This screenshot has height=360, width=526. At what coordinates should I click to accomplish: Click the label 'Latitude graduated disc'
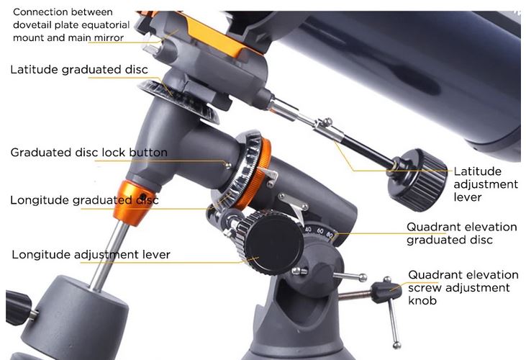(x=79, y=69)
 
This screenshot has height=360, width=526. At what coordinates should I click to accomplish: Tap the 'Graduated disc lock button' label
(x=89, y=153)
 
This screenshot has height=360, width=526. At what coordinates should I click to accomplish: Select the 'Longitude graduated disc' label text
(x=84, y=200)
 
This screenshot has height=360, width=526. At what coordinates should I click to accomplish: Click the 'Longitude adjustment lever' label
(x=91, y=254)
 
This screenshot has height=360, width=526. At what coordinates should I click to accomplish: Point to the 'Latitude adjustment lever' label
(x=486, y=184)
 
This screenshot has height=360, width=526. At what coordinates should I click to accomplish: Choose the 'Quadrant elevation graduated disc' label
(x=461, y=233)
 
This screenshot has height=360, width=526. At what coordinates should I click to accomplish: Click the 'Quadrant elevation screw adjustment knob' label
(x=463, y=287)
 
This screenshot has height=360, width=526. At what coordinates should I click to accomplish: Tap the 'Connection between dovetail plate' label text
(x=71, y=24)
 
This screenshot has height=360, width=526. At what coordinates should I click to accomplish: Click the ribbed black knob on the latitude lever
(x=417, y=180)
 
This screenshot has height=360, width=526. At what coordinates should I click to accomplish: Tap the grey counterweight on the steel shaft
(x=74, y=317)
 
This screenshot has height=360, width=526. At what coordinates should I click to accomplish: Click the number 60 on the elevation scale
(x=320, y=231)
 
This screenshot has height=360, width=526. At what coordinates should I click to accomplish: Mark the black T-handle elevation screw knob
(x=386, y=292)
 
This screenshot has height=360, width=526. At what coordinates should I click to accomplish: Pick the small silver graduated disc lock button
(x=228, y=165)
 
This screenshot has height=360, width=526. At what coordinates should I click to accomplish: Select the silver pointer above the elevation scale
(x=294, y=205)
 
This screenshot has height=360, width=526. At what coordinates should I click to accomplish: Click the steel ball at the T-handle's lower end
(x=397, y=345)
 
